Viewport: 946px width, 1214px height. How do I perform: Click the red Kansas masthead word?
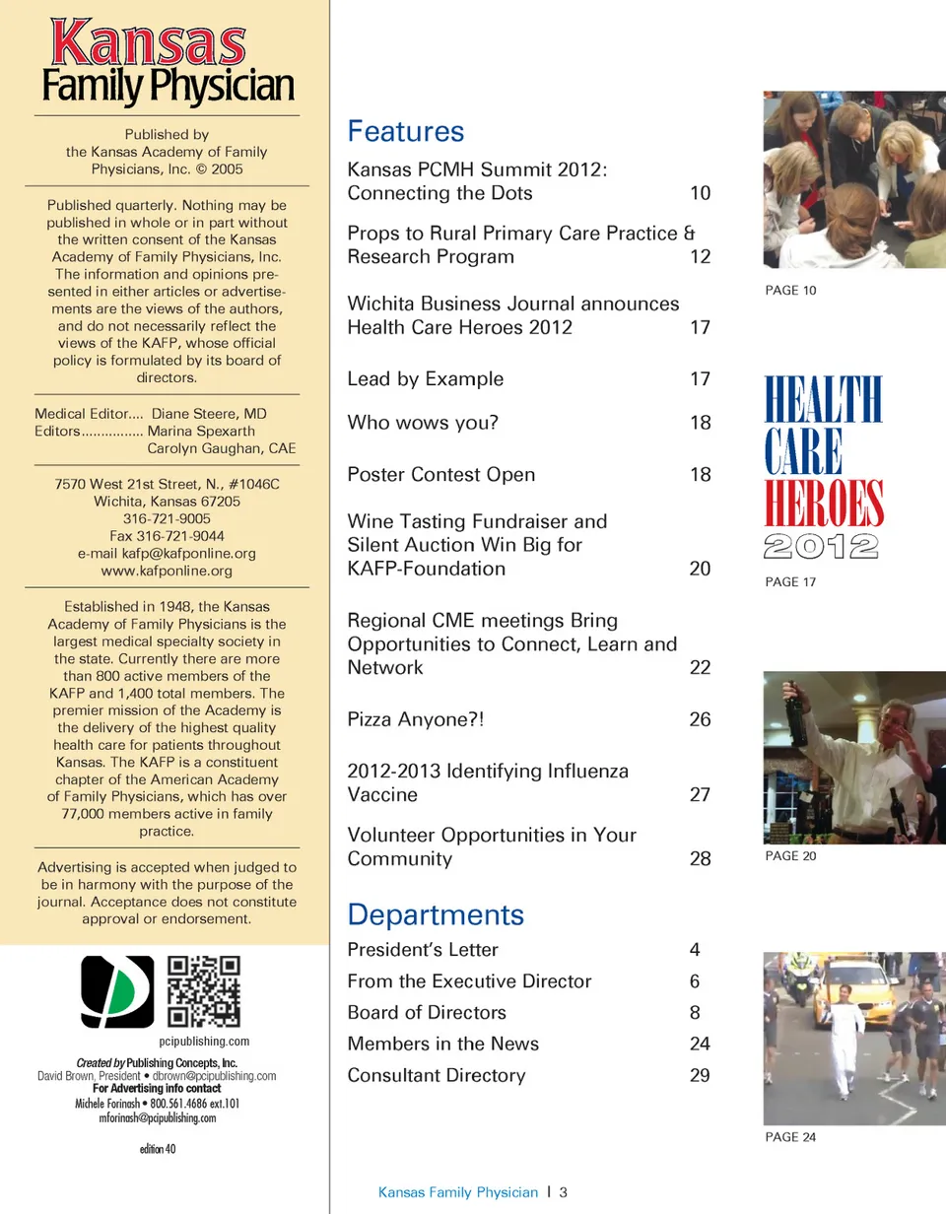pos(148,44)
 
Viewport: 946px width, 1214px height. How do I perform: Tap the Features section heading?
pos(405,132)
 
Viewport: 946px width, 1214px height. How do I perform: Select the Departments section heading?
pos(436,913)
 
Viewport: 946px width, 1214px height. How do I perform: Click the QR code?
pos(205,991)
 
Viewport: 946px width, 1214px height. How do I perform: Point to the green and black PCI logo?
pos(117,991)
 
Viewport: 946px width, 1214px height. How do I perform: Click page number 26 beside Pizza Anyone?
pos(700,719)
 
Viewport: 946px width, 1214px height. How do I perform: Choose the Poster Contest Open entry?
pos(440,474)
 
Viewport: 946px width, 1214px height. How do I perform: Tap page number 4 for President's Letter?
pos(695,950)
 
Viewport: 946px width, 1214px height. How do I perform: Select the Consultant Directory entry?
pos(436,1075)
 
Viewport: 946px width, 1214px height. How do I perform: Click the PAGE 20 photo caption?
pos(790,856)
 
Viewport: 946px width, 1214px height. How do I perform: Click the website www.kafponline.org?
pos(167,571)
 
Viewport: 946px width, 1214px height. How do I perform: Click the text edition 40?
pos(158,1147)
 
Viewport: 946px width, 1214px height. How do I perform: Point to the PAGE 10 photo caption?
pos(790,291)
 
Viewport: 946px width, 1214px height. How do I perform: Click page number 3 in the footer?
pos(563,1192)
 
